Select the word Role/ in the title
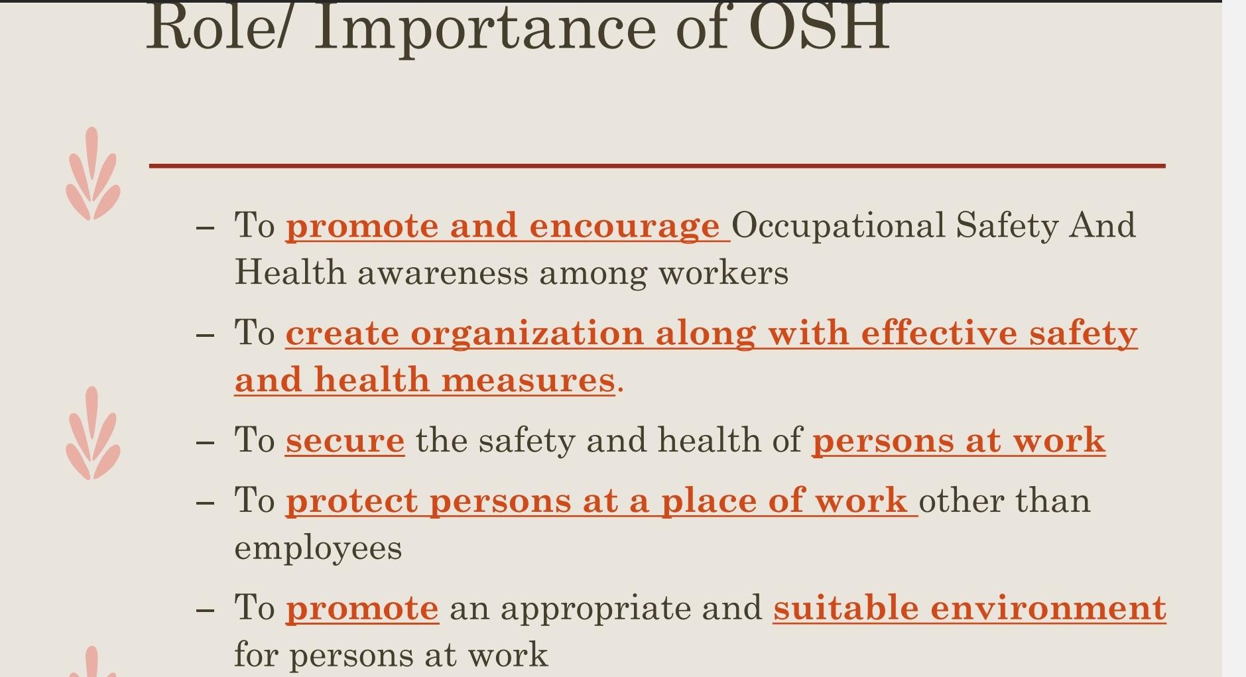[216, 28]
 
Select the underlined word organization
[527, 333]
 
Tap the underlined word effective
[938, 333]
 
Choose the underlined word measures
[528, 381]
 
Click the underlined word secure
[345, 441]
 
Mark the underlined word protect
[351, 501]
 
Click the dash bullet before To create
[206, 335]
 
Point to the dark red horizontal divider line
[656, 166]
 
